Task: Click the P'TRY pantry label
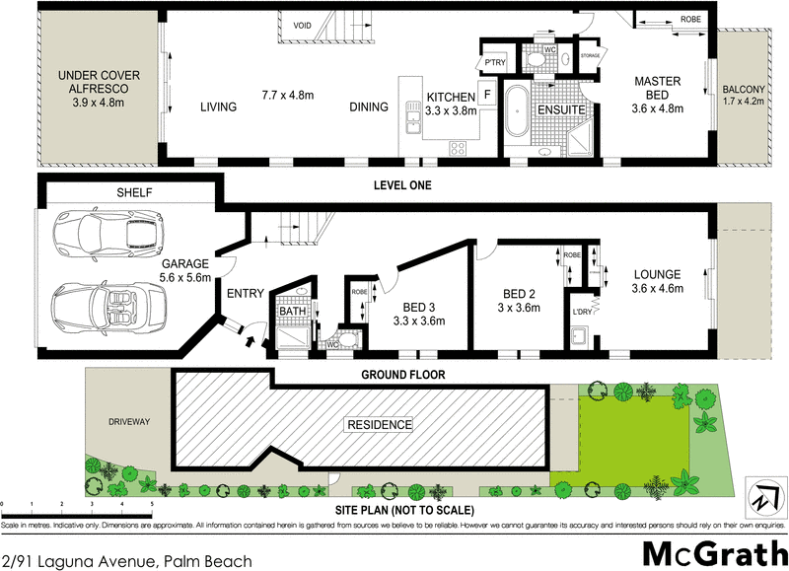(492, 63)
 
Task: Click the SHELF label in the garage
(133, 192)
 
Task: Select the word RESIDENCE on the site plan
(378, 425)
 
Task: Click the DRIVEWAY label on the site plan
(128, 421)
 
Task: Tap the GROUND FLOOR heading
(402, 375)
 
